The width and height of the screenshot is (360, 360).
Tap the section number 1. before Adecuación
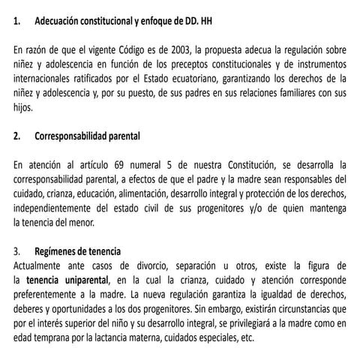[18, 22]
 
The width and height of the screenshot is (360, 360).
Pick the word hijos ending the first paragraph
[25, 107]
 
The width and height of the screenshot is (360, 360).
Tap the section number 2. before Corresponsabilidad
[18, 136]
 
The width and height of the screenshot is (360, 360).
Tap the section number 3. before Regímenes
[18, 251]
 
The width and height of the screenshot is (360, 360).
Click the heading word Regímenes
[59, 251]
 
